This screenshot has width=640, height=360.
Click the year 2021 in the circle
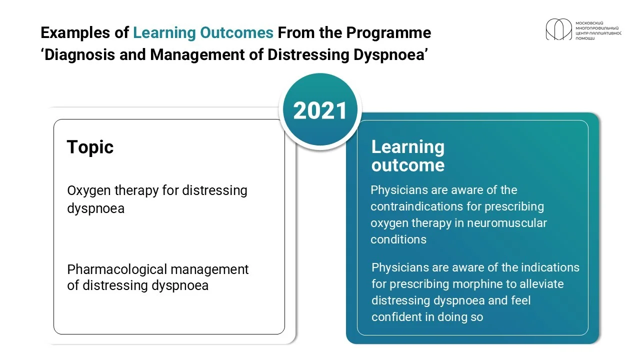point(320,111)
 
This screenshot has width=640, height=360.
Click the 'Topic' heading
point(90,147)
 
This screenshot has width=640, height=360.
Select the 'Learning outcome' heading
point(408,156)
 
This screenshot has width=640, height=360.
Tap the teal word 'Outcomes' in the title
point(236,32)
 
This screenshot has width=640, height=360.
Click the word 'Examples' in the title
point(75,33)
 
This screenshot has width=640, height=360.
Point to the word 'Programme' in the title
point(388,33)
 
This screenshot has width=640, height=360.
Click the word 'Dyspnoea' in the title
point(389,55)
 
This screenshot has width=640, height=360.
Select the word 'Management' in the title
point(197,55)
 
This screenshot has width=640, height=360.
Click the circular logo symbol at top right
point(559,29)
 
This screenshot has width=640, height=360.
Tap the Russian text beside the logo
point(598,30)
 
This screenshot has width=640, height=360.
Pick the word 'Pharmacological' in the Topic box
point(117,269)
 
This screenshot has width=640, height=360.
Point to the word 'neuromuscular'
point(506,223)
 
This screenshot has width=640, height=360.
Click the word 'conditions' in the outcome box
point(398,239)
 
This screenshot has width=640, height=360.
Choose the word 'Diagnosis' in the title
point(79,55)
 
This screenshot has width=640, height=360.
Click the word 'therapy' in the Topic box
point(136,191)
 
